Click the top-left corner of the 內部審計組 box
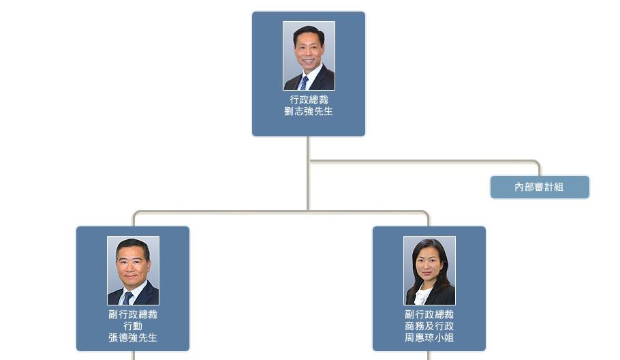(491, 176)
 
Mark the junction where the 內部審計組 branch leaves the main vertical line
(308, 161)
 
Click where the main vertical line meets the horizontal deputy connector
(308, 211)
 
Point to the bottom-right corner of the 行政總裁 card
(365, 136)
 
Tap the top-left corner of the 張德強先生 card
(77, 226)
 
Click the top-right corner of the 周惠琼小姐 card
(486, 226)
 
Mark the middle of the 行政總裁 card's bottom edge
(309, 136)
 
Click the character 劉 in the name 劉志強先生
(289, 112)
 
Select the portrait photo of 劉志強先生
(309, 56)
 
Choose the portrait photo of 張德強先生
(134, 271)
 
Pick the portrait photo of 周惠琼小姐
(429, 271)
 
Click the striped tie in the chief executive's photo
(304, 82)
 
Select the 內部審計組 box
(540, 187)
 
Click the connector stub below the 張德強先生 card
(134, 355)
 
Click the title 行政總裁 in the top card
(309, 100)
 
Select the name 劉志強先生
(309, 112)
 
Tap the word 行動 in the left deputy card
(133, 326)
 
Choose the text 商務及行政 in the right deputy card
(429, 326)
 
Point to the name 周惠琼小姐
(429, 337)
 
